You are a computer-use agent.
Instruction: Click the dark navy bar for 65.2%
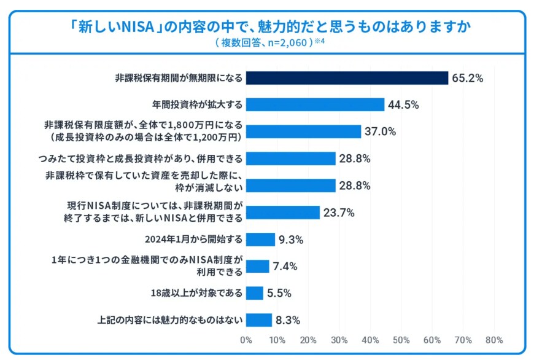pyautogui.click(x=347, y=78)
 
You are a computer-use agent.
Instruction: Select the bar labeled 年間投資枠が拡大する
pyautogui.click(x=315, y=104)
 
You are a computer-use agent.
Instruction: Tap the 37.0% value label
pyautogui.click(x=380, y=131)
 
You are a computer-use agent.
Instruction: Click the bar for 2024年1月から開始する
pyautogui.click(x=260, y=239)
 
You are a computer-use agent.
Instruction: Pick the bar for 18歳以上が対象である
pyautogui.click(x=255, y=292)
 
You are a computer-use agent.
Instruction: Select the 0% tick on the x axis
pyautogui.click(x=246, y=340)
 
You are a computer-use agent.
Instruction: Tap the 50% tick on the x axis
pyautogui.click(x=401, y=340)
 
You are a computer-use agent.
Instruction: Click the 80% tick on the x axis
pyautogui.click(x=494, y=340)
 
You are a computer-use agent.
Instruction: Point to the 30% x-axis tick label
pyautogui.click(x=339, y=340)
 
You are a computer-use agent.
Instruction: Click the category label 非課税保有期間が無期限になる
pyautogui.click(x=179, y=78)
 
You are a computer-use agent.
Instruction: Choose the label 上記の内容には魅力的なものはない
pyautogui.click(x=170, y=319)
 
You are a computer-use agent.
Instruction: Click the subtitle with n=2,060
pyautogui.click(x=264, y=43)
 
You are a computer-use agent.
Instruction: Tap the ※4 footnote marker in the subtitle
pyautogui.click(x=319, y=42)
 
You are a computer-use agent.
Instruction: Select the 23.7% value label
pyautogui.click(x=339, y=213)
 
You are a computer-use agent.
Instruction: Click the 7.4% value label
pyautogui.click(x=285, y=266)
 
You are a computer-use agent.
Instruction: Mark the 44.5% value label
pyautogui.click(x=403, y=104)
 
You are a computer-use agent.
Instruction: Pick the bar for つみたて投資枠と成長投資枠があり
pyautogui.click(x=291, y=158)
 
